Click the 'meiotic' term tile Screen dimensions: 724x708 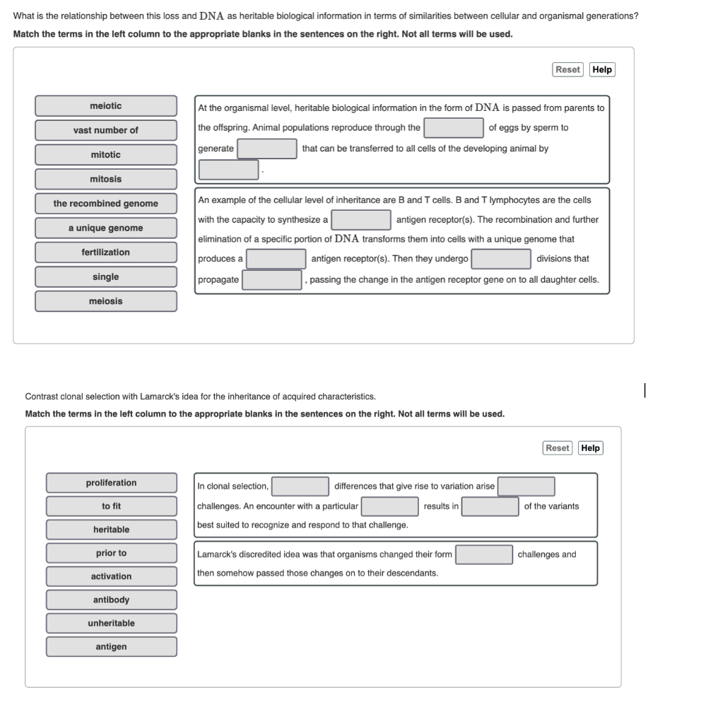click(106, 106)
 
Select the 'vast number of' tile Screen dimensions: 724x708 click(106, 130)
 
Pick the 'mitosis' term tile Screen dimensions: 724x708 click(106, 179)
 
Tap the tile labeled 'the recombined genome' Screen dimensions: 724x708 click(106, 204)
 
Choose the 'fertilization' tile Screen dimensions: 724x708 click(106, 252)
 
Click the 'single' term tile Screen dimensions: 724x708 click(106, 277)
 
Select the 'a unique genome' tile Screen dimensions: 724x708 click(106, 228)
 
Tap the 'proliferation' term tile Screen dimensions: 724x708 click(112, 483)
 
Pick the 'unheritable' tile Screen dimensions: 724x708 click(112, 623)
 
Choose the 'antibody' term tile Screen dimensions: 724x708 click(112, 600)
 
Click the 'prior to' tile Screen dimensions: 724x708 click(112, 553)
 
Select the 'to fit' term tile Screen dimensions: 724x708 click(112, 506)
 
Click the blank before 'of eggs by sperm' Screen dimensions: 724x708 click(454, 128)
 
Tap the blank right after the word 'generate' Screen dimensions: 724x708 click(267, 148)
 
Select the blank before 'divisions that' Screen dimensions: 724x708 click(501, 259)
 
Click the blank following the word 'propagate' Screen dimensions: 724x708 click(272, 280)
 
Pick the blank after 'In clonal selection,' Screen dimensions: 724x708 click(300, 486)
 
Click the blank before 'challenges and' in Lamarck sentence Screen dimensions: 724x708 click(484, 554)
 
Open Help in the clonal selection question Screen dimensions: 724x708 click(590, 448)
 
